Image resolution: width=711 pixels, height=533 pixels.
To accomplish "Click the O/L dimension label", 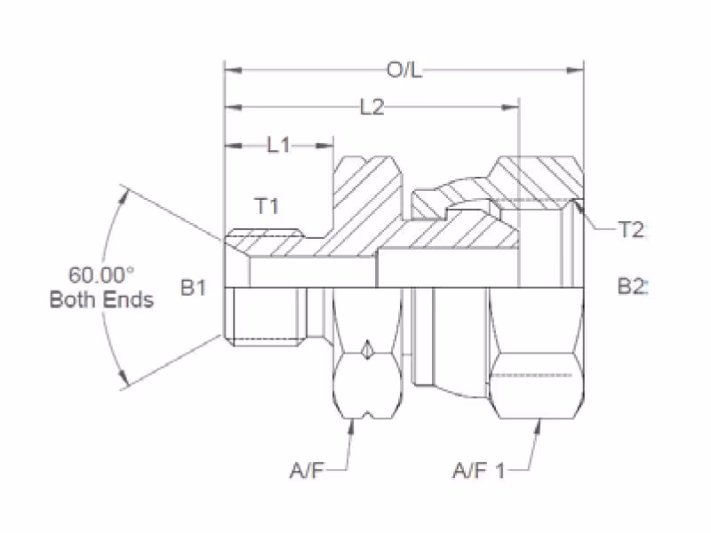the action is (x=404, y=70).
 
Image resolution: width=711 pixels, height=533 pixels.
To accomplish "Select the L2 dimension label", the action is (x=371, y=107).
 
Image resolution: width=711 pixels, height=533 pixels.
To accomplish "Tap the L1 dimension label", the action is (x=278, y=145).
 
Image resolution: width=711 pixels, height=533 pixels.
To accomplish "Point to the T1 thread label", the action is (x=267, y=206).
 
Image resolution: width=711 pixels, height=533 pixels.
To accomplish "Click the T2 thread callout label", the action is (x=630, y=230).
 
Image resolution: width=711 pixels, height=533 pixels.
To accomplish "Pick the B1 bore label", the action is (x=193, y=287).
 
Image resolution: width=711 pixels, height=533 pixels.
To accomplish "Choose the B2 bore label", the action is (x=631, y=286).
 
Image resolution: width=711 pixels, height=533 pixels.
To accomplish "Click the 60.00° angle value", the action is (x=101, y=275).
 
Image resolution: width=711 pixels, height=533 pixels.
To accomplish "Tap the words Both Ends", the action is (x=101, y=299).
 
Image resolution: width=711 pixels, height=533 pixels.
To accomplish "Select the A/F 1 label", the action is (x=479, y=471).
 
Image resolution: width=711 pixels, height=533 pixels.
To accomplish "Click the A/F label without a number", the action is (x=307, y=471).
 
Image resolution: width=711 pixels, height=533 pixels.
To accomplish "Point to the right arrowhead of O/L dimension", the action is (x=575, y=70).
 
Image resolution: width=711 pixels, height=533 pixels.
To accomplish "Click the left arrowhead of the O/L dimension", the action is (x=233, y=70).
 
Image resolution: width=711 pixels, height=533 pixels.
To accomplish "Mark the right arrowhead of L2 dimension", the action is (x=510, y=107).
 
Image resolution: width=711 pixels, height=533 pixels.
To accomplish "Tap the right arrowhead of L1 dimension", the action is (x=324, y=146).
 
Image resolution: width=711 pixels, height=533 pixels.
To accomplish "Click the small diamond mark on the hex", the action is (x=367, y=349).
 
